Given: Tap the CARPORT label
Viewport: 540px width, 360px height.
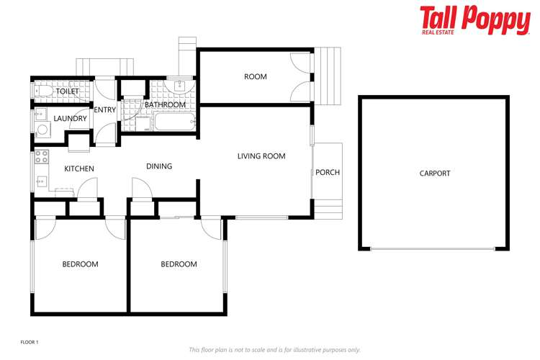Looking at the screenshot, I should click(x=434, y=174).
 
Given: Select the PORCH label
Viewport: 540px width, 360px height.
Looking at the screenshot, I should click(x=328, y=173).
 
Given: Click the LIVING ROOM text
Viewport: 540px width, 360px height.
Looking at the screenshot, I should click(x=261, y=156).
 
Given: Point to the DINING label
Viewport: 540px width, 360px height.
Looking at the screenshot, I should click(x=159, y=166).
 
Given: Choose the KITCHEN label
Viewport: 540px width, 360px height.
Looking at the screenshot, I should click(x=79, y=169).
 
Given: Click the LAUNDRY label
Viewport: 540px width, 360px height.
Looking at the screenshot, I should click(x=70, y=119).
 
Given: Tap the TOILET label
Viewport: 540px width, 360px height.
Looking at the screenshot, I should click(x=68, y=92).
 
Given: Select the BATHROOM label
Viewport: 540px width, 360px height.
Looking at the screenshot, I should click(x=166, y=105).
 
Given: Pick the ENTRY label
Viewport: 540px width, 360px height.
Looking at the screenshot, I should click(x=105, y=110).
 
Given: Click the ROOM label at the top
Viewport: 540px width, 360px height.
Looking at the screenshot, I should click(x=255, y=77).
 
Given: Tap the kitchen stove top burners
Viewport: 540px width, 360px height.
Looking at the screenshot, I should click(x=41, y=156).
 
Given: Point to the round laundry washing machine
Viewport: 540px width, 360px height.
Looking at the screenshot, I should click(x=41, y=130).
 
